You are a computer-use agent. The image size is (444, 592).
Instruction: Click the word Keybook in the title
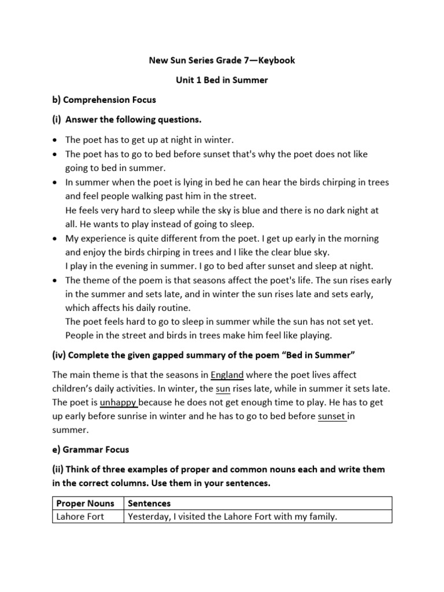275,61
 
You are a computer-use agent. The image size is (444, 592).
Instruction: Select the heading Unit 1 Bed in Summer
222,80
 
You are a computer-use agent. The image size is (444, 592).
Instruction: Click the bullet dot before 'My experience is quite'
54,238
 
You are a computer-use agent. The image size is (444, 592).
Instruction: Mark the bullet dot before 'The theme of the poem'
54,280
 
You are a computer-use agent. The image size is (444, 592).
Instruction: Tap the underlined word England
227,375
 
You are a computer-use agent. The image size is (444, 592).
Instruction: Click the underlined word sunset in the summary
332,416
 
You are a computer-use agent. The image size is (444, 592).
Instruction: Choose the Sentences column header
149,504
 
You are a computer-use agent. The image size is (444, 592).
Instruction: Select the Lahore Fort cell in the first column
80,517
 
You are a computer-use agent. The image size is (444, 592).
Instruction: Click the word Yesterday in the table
150,517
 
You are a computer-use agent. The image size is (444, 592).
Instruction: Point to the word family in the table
321,517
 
